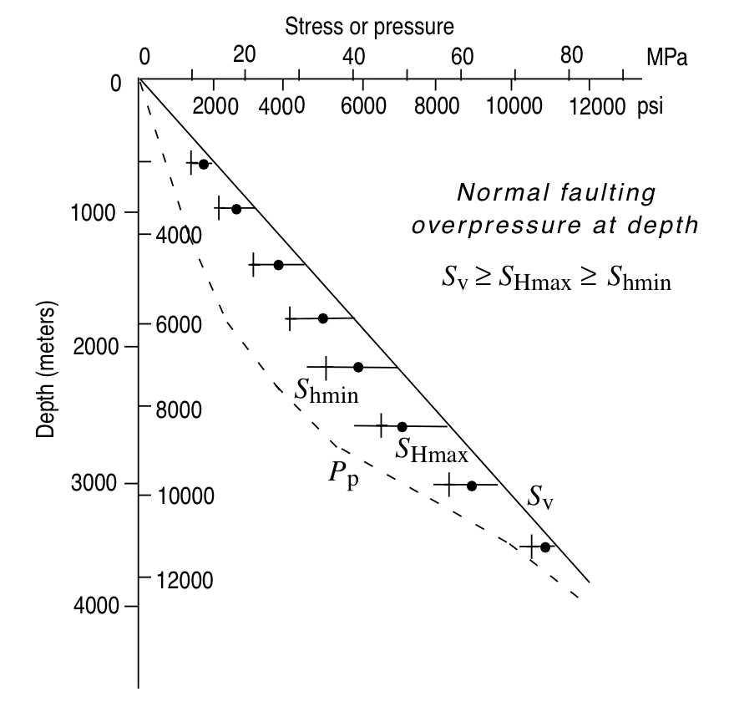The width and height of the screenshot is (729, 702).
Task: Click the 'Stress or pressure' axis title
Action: point(370,27)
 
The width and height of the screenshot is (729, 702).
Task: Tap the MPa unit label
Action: point(666,58)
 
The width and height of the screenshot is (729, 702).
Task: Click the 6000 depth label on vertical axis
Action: point(179,325)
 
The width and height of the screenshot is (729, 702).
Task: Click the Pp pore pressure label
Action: point(342,474)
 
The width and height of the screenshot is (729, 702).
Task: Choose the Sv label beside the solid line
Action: point(540,496)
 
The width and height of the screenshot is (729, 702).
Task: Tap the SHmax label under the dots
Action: point(432,452)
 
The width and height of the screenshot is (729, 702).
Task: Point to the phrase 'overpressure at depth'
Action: point(554,226)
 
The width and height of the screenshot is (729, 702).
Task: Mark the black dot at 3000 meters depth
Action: point(472,486)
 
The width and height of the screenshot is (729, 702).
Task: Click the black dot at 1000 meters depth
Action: point(236,209)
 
